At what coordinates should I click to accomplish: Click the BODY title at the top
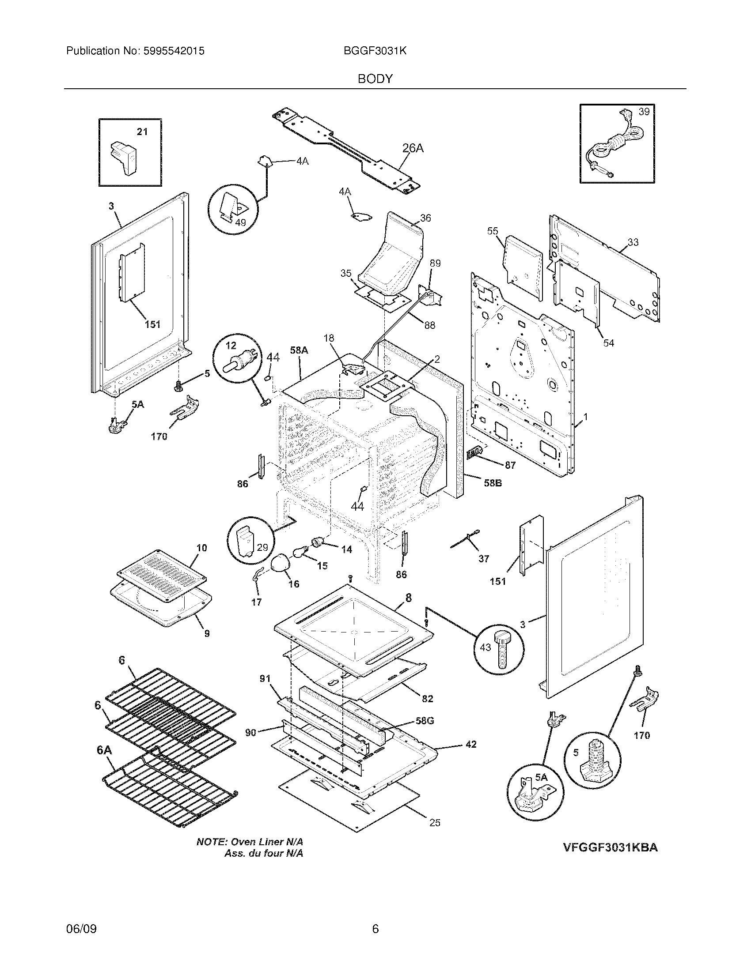[x=375, y=79]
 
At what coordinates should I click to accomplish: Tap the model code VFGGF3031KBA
[x=610, y=847]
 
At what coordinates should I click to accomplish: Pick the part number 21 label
[x=142, y=132]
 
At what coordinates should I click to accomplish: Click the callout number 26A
[x=413, y=148]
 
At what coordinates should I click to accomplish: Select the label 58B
[x=493, y=483]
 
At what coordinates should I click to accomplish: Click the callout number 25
[x=435, y=823]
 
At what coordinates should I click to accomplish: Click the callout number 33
[x=633, y=242]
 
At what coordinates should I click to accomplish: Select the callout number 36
[x=425, y=218]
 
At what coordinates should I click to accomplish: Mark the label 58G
[x=424, y=721]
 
